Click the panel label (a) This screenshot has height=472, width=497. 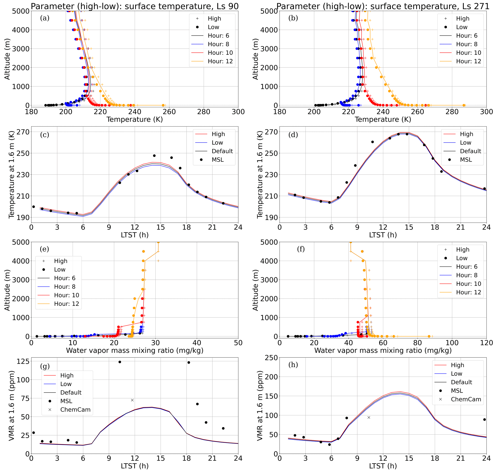pos(45,18)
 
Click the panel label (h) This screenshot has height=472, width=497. pos(293,365)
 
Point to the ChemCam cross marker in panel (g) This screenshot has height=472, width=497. pos(132,400)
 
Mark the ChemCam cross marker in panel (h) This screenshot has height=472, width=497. pos(369,418)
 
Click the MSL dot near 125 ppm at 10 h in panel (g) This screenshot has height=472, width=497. pos(120,362)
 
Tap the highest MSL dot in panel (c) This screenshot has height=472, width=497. pos(154,156)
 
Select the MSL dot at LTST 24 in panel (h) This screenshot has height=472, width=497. pos(484,419)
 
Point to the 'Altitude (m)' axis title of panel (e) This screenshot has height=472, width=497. pos(7,290)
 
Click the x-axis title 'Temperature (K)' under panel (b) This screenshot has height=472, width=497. pos(383,119)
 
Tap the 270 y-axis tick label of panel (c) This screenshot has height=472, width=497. pos(23,132)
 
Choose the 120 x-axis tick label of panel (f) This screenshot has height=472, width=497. pos(486,343)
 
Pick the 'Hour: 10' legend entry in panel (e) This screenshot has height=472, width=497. pos(66,295)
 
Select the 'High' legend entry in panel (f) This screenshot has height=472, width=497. pos(463,249)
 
